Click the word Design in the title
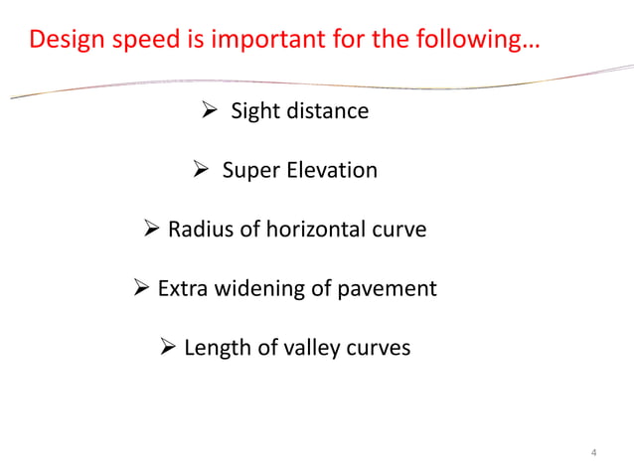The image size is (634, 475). pyautogui.click(x=65, y=42)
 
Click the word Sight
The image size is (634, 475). pyautogui.click(x=255, y=110)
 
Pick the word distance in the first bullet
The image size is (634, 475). pyautogui.click(x=327, y=110)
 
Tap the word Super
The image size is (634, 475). pyautogui.click(x=251, y=170)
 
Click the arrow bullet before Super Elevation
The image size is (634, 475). pyautogui.click(x=199, y=170)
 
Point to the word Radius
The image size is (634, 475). pyautogui.click(x=199, y=230)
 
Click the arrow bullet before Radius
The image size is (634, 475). pyautogui.click(x=152, y=230)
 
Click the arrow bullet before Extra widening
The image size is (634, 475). pyautogui.click(x=142, y=289)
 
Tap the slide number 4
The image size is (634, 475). pyautogui.click(x=593, y=454)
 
